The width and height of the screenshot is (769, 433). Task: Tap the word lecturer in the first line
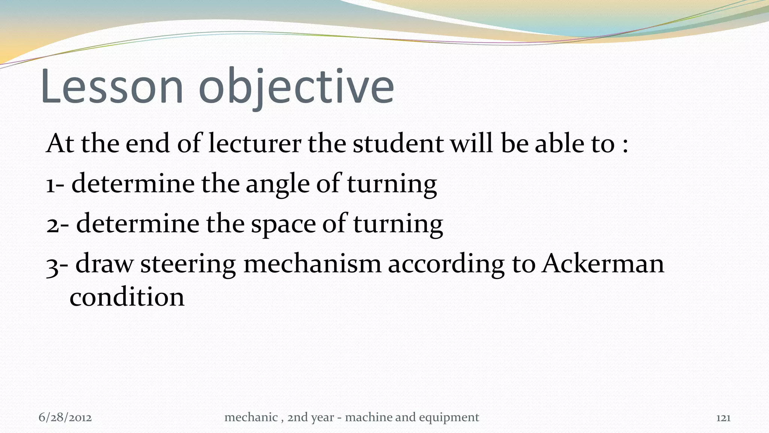255,144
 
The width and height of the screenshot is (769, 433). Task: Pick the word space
283,225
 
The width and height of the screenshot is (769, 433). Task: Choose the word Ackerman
603,264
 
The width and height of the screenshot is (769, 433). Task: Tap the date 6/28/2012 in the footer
65,418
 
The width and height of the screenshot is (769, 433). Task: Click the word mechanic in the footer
250,417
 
